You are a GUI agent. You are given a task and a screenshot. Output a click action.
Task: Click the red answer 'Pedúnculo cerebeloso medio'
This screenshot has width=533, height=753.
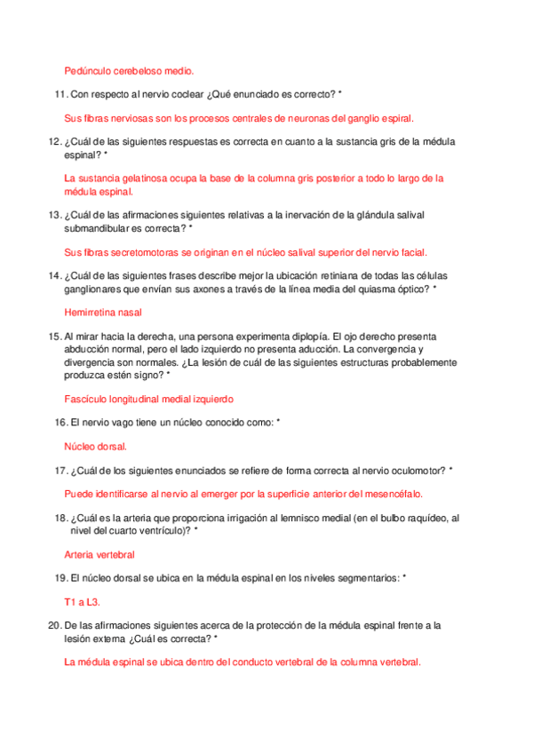129,70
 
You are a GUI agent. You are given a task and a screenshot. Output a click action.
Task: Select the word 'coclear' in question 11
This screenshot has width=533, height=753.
185,94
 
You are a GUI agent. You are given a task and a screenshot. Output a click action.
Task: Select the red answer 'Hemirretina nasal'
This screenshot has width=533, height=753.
104,312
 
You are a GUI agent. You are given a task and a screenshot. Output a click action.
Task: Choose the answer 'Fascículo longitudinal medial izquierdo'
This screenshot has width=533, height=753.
149,399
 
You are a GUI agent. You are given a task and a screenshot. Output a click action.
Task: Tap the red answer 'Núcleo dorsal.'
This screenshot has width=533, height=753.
96,446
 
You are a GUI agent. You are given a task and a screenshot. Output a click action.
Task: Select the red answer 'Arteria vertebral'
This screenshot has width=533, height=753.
99,553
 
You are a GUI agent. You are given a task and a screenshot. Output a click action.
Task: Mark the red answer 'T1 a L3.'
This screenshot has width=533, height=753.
83,601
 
